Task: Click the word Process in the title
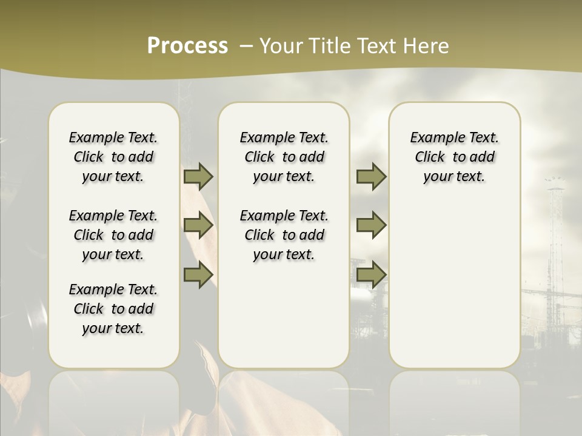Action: [187, 45]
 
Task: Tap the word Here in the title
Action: [427, 45]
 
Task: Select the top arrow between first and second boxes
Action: [198, 176]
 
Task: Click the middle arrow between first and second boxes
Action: [198, 226]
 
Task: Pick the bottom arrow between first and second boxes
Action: [198, 274]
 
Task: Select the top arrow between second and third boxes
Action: [371, 176]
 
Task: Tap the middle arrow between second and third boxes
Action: [371, 226]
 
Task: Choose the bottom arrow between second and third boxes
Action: [371, 274]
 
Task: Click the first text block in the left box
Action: [113, 157]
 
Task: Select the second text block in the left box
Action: [113, 235]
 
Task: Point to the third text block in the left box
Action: [113, 309]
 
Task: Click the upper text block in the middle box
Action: [284, 157]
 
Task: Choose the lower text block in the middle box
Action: [284, 235]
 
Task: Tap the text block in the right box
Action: [454, 157]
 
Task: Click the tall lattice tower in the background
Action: [554, 242]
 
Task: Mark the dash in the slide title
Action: [246, 45]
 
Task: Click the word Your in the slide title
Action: [280, 45]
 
